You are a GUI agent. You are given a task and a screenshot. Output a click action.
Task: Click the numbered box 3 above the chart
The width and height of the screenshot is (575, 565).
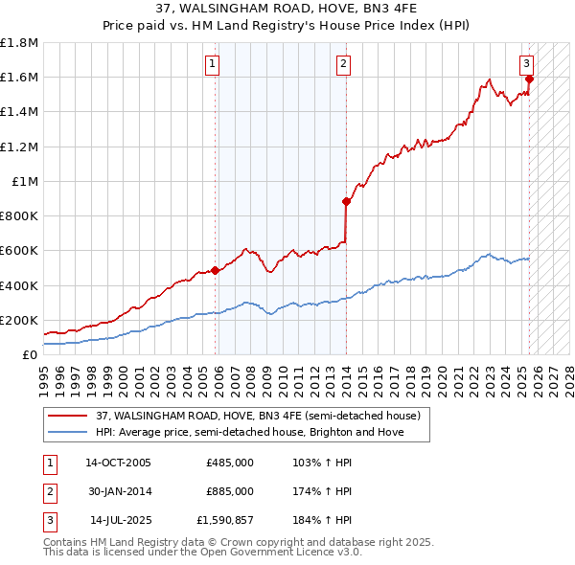(526, 64)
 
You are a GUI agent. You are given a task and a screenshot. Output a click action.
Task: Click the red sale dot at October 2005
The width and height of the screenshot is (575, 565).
(216, 270)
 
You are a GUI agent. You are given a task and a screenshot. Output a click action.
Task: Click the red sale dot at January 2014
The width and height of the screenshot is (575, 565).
(346, 201)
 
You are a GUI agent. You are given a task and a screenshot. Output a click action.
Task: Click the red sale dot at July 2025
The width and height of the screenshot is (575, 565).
(529, 79)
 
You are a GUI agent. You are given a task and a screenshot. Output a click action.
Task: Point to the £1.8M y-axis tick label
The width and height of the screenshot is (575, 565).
(19, 43)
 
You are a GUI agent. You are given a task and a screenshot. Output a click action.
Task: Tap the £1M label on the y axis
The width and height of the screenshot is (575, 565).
(26, 181)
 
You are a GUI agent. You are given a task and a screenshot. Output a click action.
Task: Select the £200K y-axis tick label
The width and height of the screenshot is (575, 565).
(19, 320)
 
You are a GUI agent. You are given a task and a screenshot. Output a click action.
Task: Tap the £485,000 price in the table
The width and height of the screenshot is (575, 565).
(229, 463)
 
